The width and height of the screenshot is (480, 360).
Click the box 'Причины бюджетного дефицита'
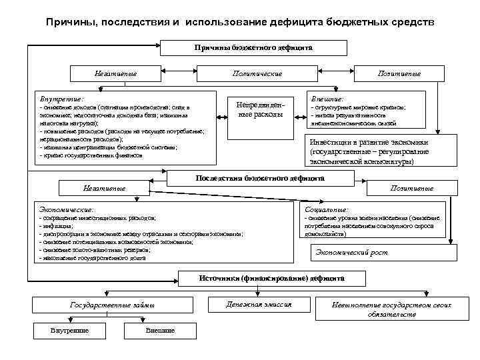coord(253,48)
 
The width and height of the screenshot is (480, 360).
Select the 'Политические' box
coord(259,73)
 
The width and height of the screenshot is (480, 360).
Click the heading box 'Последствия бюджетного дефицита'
coord(259,179)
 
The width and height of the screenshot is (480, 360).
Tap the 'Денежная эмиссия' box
coord(268,304)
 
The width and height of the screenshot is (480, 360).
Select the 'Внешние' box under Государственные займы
coord(159,331)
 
